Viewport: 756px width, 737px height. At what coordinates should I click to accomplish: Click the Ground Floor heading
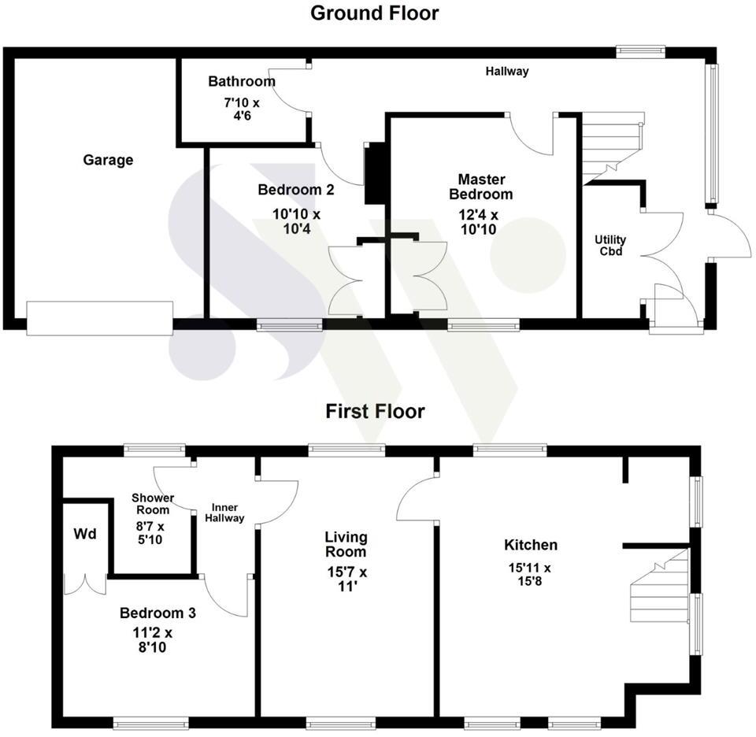[x=374, y=13]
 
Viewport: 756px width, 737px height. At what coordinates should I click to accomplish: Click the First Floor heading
[x=375, y=412]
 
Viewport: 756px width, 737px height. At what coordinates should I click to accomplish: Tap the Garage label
[x=108, y=160]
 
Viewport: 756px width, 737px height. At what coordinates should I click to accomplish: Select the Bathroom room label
[x=242, y=81]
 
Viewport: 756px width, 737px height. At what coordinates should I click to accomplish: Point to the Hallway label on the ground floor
[x=506, y=72]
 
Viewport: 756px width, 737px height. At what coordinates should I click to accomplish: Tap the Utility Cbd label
[x=610, y=245]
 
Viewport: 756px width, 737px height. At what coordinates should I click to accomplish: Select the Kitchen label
[x=531, y=545]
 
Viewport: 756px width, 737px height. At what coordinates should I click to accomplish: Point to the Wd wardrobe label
[x=85, y=535]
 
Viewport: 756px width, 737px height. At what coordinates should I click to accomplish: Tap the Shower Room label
[x=153, y=504]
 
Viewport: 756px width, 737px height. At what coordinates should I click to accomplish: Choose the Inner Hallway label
[x=225, y=513]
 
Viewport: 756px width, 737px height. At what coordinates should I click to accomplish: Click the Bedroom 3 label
[x=157, y=613]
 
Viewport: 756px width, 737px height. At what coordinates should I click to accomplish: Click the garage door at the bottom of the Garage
[x=99, y=318]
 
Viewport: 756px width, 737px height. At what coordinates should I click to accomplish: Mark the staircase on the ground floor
[x=613, y=147]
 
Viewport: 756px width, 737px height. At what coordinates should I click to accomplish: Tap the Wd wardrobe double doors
[x=84, y=584]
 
